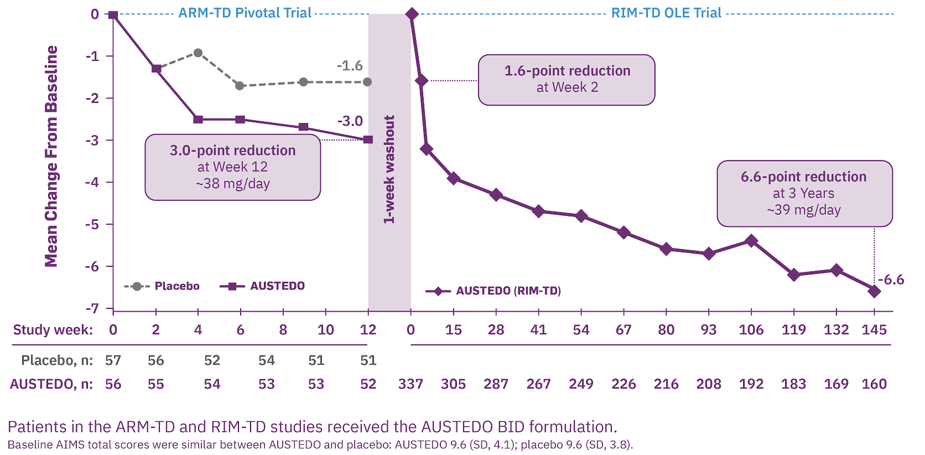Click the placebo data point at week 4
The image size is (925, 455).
[x=198, y=53]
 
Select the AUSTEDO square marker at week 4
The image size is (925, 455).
[x=198, y=120]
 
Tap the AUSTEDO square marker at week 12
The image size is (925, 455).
[x=368, y=139]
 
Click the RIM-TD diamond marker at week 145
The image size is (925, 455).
[x=874, y=291]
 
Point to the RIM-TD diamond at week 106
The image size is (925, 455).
[x=751, y=241]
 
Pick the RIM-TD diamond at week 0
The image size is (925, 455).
[x=411, y=14]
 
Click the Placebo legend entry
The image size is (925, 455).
[x=162, y=286]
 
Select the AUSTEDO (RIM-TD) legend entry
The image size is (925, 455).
[x=493, y=291]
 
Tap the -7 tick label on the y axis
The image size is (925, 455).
[x=92, y=308]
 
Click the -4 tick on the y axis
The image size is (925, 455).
[x=92, y=182]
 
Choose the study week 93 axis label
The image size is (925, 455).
[x=709, y=330]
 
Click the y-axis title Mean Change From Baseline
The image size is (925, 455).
[x=51, y=156]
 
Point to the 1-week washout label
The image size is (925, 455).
[x=389, y=169]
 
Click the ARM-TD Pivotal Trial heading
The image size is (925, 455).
[x=245, y=13]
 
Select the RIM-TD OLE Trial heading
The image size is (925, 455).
[x=666, y=13]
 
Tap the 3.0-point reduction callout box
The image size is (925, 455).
[x=233, y=167]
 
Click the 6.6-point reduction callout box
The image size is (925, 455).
[x=804, y=193]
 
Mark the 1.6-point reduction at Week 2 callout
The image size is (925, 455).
[x=567, y=79]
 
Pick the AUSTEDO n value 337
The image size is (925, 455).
[x=410, y=384]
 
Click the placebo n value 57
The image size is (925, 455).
[x=113, y=360]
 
